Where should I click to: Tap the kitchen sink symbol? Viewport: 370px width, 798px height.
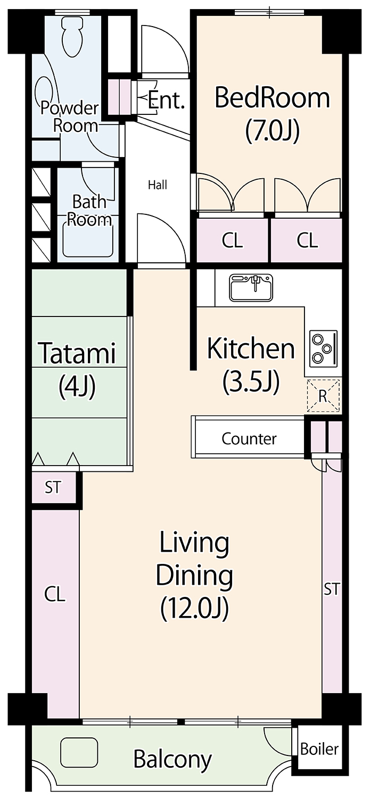coord(252,287)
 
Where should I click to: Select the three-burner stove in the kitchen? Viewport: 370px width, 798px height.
coord(324,348)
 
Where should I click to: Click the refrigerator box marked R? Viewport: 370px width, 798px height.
coord(323,395)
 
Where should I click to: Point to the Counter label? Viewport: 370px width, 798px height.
coord(249,438)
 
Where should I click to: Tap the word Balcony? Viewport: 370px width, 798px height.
coord(172,760)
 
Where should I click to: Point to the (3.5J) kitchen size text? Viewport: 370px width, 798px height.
coord(251,382)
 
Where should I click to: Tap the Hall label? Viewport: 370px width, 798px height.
coord(158,185)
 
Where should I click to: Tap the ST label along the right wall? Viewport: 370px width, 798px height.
coord(332,589)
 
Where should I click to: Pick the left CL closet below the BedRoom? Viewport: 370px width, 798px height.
coord(233,240)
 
